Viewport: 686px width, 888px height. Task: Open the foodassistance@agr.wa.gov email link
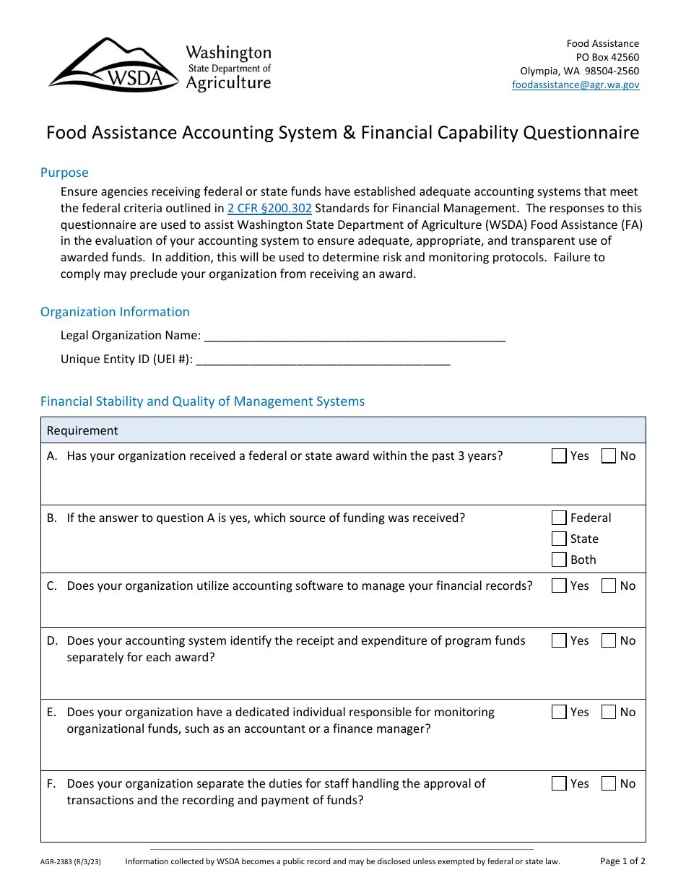coord(575,84)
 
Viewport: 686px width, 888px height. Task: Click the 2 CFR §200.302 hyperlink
coord(269,208)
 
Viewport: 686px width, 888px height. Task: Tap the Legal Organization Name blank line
coord(355,336)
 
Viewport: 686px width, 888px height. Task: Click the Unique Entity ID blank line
coord(323,360)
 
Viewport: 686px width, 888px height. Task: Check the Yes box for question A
coord(559,456)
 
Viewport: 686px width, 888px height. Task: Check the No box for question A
coord(609,456)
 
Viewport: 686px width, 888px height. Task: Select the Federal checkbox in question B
coord(559,518)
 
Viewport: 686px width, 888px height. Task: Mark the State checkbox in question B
coord(559,539)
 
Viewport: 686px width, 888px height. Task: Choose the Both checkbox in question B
coord(559,560)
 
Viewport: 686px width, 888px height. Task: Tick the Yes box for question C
coord(559,586)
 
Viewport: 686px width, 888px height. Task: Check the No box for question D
coord(609,641)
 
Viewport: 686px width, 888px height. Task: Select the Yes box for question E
coord(559,713)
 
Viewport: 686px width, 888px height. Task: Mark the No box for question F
coord(609,784)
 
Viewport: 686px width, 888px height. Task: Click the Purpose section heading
coord(64,173)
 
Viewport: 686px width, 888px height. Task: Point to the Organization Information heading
coord(115,312)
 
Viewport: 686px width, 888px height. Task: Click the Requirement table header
coord(82,430)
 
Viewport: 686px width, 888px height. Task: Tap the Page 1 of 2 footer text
coord(622,861)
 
